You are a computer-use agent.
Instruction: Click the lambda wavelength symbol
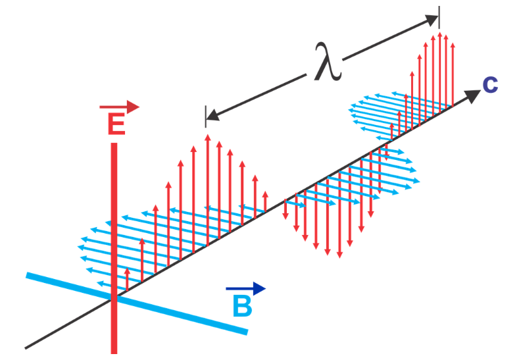(327, 63)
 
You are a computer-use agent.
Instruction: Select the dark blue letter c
(490, 84)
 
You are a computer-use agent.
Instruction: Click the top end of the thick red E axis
(114, 144)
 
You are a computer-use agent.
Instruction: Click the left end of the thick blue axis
(28, 275)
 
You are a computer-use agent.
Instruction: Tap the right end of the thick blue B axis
(247, 331)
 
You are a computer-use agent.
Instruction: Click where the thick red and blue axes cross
(114, 297)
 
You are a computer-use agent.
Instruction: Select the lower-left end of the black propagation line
(26, 347)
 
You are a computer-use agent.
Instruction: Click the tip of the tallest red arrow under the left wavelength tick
(207, 135)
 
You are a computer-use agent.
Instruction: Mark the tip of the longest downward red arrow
(339, 257)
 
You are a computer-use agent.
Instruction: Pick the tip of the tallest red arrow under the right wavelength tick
(439, 31)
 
